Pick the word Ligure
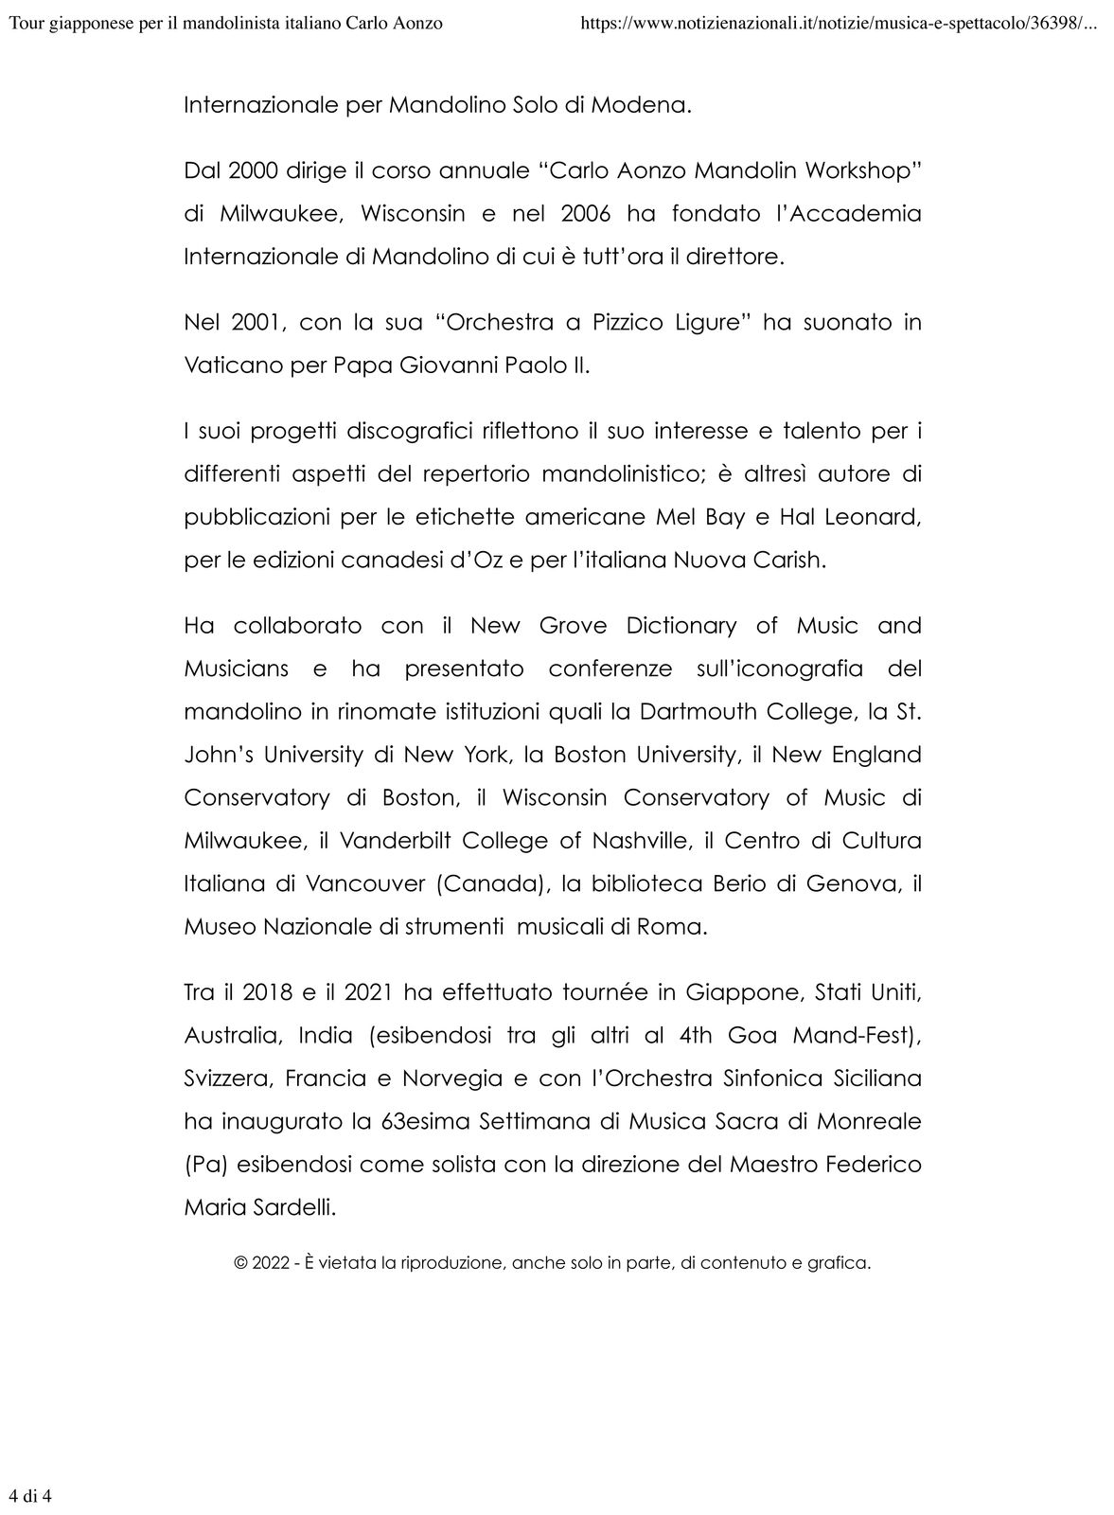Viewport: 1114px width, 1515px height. tap(696, 323)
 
